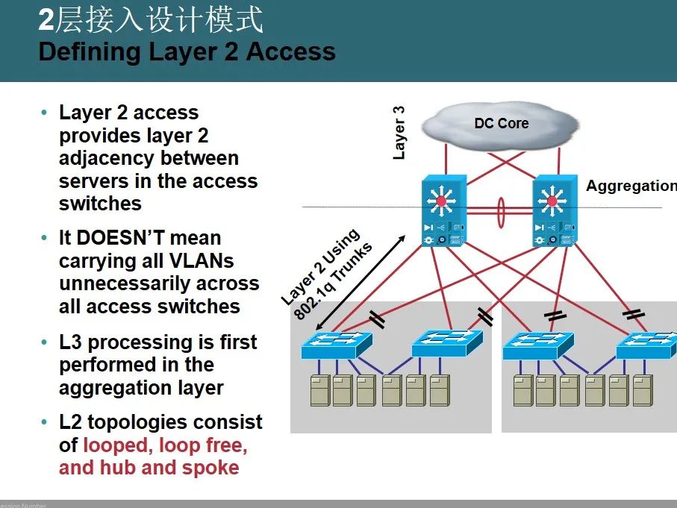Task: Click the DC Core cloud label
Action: click(x=501, y=123)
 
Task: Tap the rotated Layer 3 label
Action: click(x=399, y=132)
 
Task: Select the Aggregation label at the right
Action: click(x=631, y=186)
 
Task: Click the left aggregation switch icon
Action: click(x=443, y=211)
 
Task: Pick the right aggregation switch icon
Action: click(x=553, y=211)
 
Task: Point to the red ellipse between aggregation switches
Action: click(x=499, y=211)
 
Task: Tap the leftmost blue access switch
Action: click(x=336, y=345)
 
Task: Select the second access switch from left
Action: click(x=447, y=344)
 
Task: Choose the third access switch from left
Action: click(x=537, y=345)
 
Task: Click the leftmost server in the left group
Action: click(x=320, y=390)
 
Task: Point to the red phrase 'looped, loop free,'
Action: click(x=165, y=445)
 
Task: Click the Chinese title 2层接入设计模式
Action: click(x=152, y=21)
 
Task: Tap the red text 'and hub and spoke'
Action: click(x=149, y=468)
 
